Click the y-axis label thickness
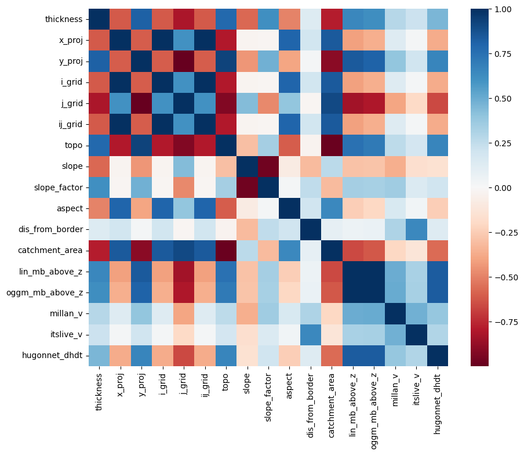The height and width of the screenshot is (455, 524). click(x=63, y=20)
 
